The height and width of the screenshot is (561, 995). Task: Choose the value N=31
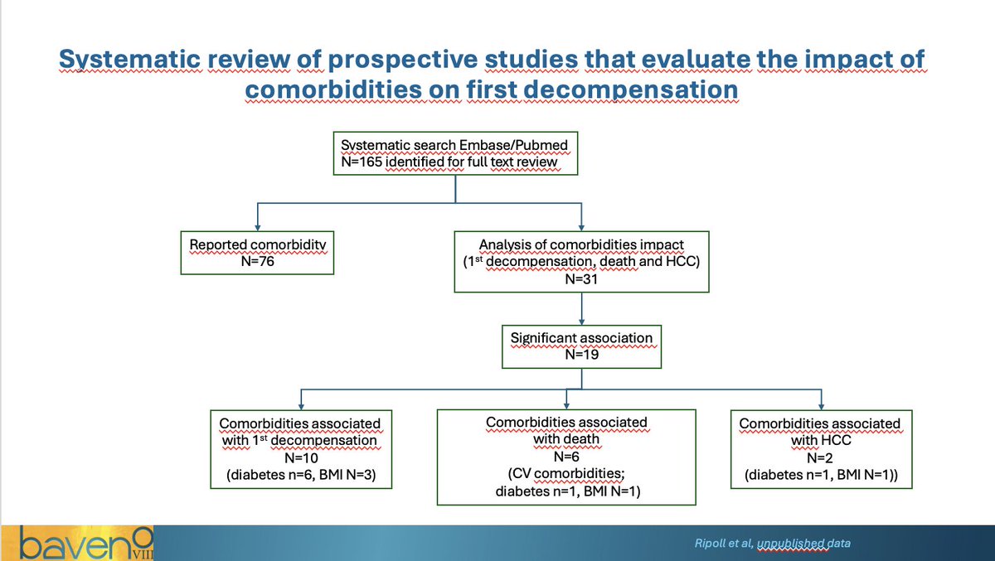[x=581, y=278]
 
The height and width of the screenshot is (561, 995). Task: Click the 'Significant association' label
[x=581, y=339]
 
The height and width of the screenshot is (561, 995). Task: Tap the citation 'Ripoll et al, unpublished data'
[x=771, y=544]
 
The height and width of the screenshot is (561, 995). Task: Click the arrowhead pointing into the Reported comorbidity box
[x=259, y=225]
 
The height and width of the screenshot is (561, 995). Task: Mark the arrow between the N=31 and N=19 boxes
[x=582, y=308]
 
